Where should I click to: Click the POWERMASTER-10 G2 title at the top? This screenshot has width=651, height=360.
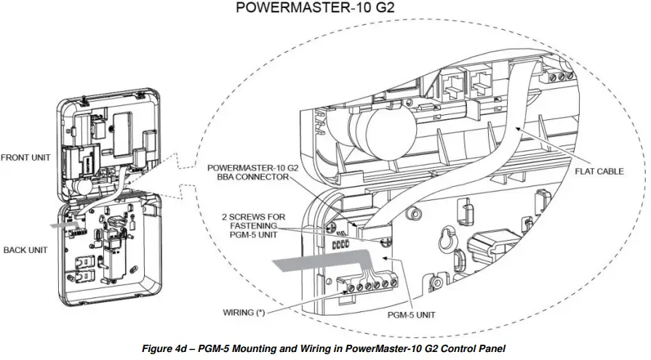pos(326,10)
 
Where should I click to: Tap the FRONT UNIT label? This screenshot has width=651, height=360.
pos(26,157)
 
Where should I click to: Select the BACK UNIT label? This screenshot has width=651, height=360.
pos(25,249)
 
